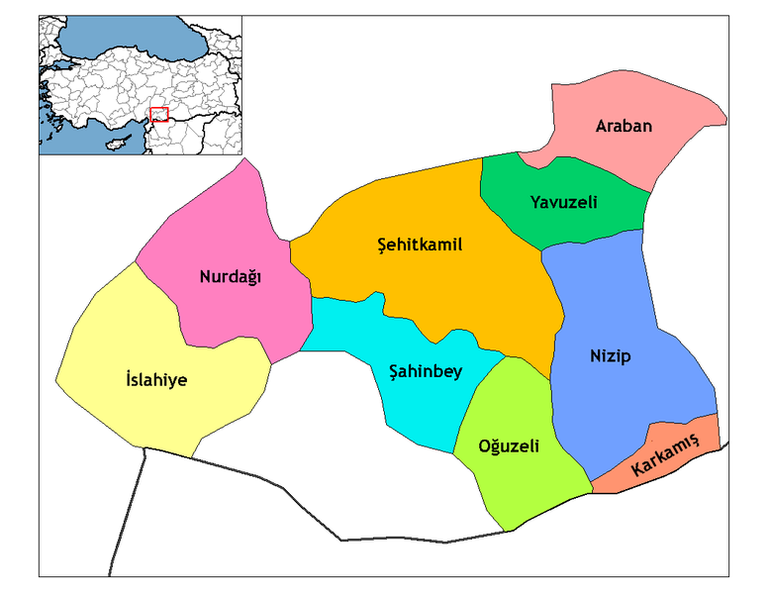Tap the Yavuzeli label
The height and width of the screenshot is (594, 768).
pyautogui.click(x=564, y=203)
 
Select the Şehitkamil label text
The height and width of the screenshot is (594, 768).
pyautogui.click(x=421, y=245)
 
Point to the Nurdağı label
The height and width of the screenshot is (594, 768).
pyautogui.click(x=230, y=277)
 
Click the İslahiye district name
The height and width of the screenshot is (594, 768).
pyautogui.click(x=157, y=379)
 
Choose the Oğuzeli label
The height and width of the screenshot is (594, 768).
pyautogui.click(x=509, y=446)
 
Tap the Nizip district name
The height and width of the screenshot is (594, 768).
pyautogui.click(x=611, y=356)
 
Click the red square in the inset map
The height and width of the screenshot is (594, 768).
pyautogui.click(x=158, y=115)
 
